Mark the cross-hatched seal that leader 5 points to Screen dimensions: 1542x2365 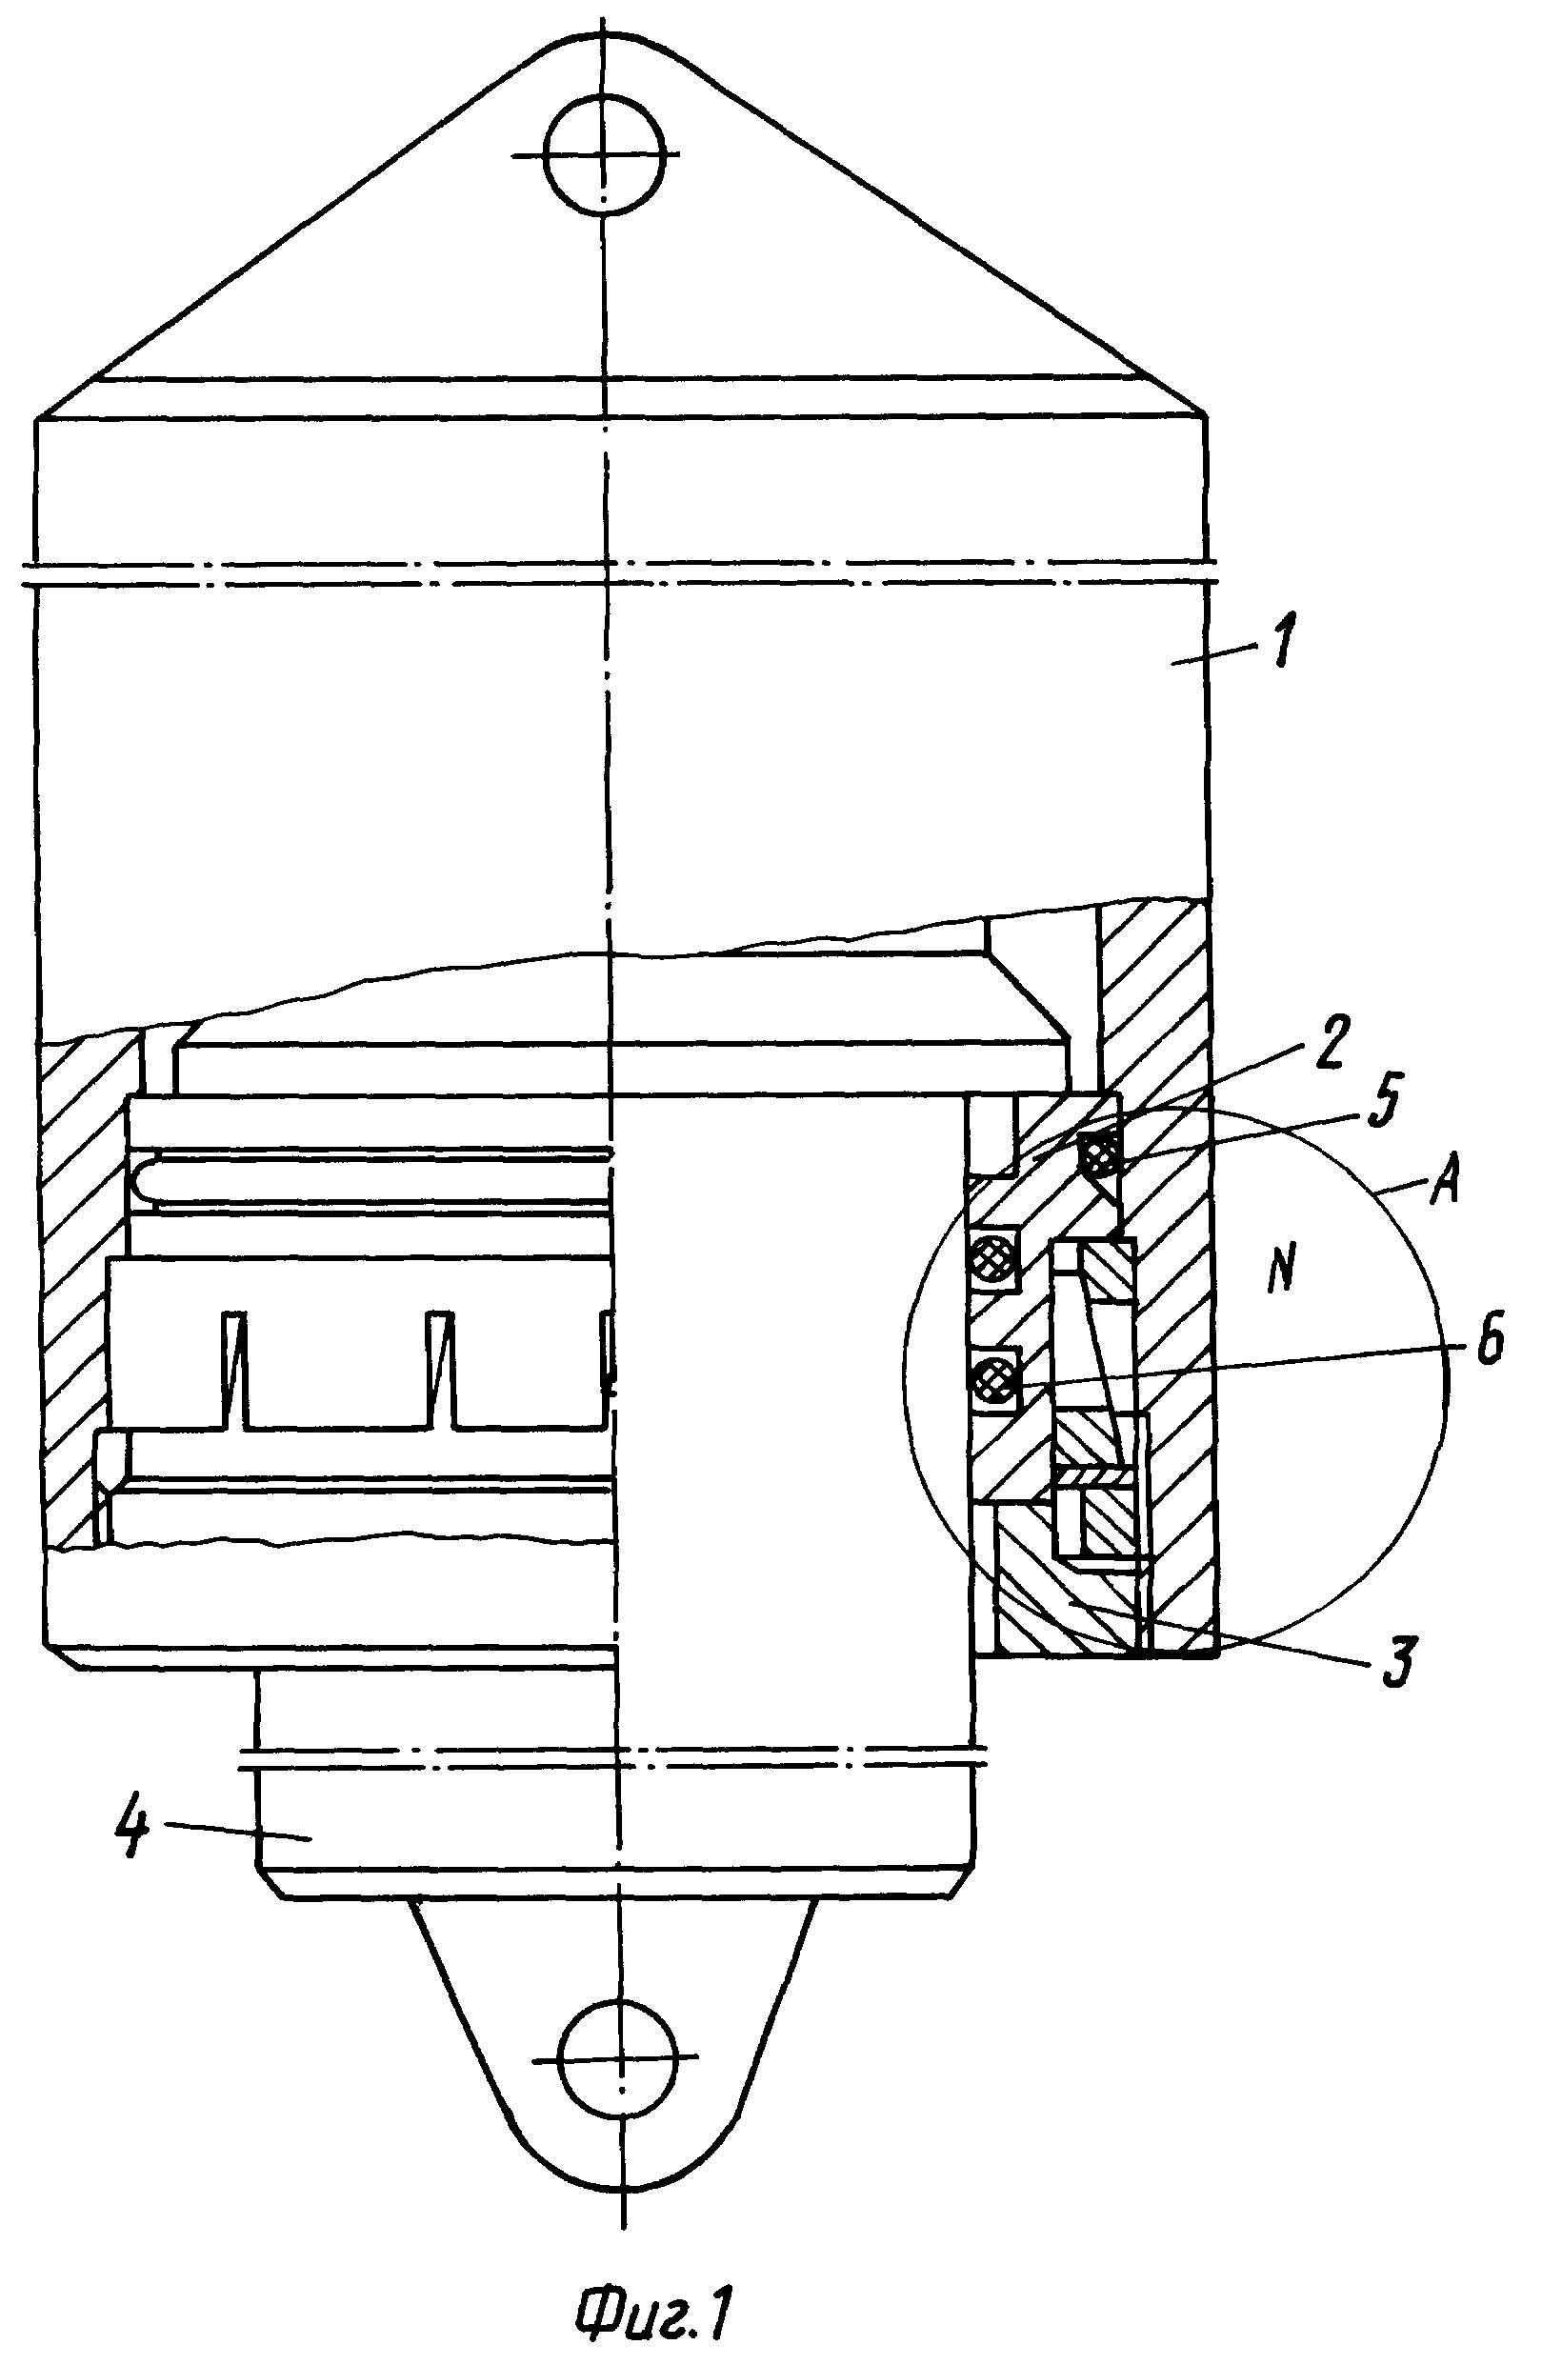[x=1099, y=1154]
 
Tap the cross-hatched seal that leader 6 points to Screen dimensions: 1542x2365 [x=993, y=1378]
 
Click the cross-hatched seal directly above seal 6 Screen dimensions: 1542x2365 [x=993, y=1262]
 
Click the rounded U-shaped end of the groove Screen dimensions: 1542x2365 [x=145, y=1180]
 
